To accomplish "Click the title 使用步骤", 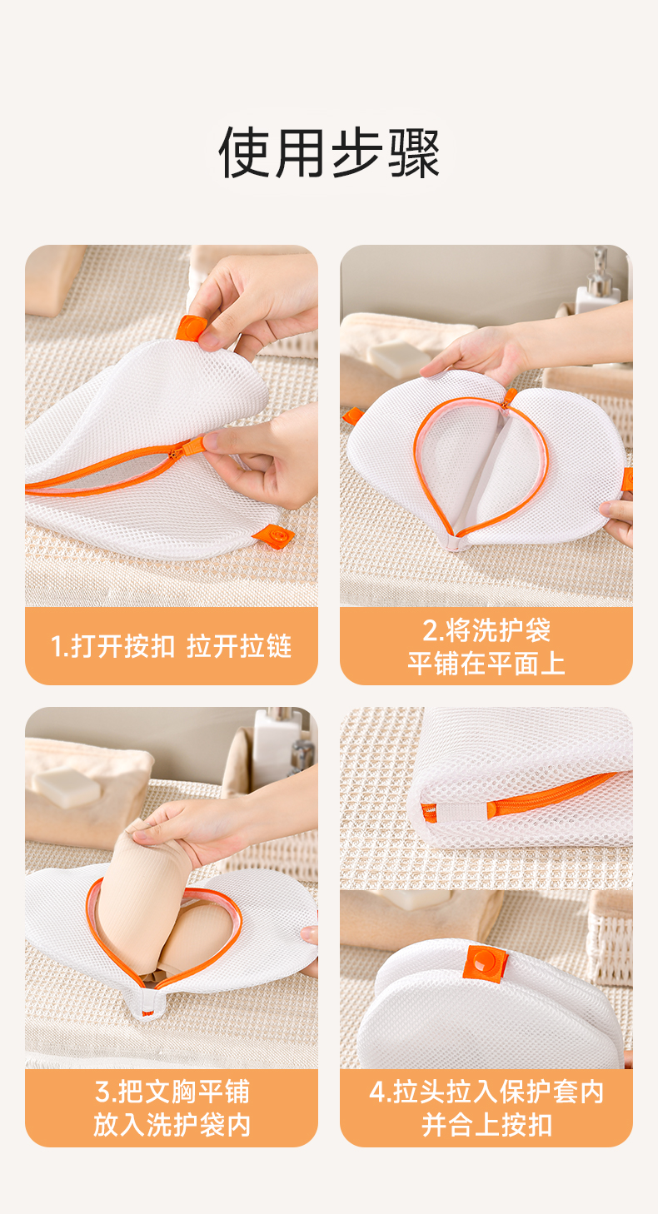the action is point(329,152).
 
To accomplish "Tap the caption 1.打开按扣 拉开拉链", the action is point(172,646).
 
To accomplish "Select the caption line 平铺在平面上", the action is point(486,664).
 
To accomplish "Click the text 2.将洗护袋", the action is point(486,630).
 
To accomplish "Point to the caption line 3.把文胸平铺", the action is point(172,1092).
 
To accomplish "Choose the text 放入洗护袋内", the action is point(172,1125).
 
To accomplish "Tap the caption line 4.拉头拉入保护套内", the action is point(486,1092).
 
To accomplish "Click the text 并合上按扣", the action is point(486,1125).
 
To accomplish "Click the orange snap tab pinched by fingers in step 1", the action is point(191,328).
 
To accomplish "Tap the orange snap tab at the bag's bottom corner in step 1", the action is point(274,536).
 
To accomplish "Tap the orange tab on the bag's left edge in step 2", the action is point(352,415).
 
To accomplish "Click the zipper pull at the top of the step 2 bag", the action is point(510,398).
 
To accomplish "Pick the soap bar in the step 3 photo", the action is point(67,787).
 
